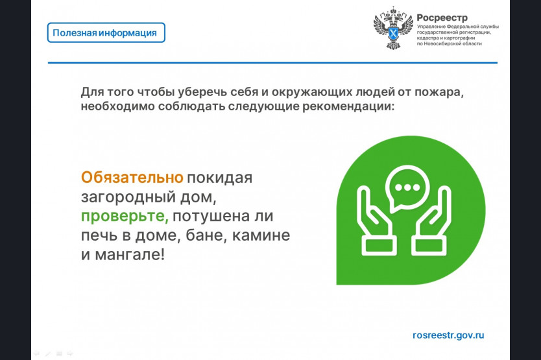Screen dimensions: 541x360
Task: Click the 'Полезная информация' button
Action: tap(106, 33)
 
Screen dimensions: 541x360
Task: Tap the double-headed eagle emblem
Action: tap(393, 29)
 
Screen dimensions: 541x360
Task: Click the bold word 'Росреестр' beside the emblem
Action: tap(442, 18)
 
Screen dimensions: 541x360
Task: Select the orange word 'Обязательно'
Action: tap(132, 178)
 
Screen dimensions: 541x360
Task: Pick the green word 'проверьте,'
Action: tap(125, 217)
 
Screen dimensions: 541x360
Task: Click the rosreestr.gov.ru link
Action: tap(448, 335)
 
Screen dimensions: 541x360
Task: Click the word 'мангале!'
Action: tap(130, 255)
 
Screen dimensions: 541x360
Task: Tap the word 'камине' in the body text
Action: tap(261, 235)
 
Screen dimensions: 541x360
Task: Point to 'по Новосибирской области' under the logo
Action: tap(450, 44)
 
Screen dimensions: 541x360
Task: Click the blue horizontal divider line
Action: tap(272, 63)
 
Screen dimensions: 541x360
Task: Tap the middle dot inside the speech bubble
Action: tap(407, 187)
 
